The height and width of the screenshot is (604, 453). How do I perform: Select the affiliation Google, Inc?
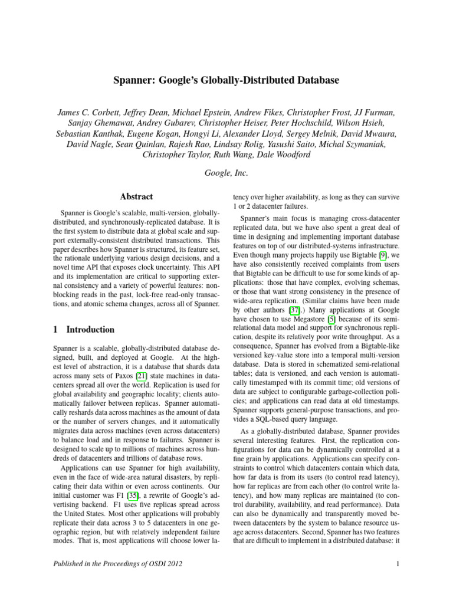(226, 173)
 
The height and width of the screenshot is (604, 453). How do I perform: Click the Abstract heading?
(136, 196)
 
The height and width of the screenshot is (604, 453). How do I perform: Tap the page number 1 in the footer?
(399, 564)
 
